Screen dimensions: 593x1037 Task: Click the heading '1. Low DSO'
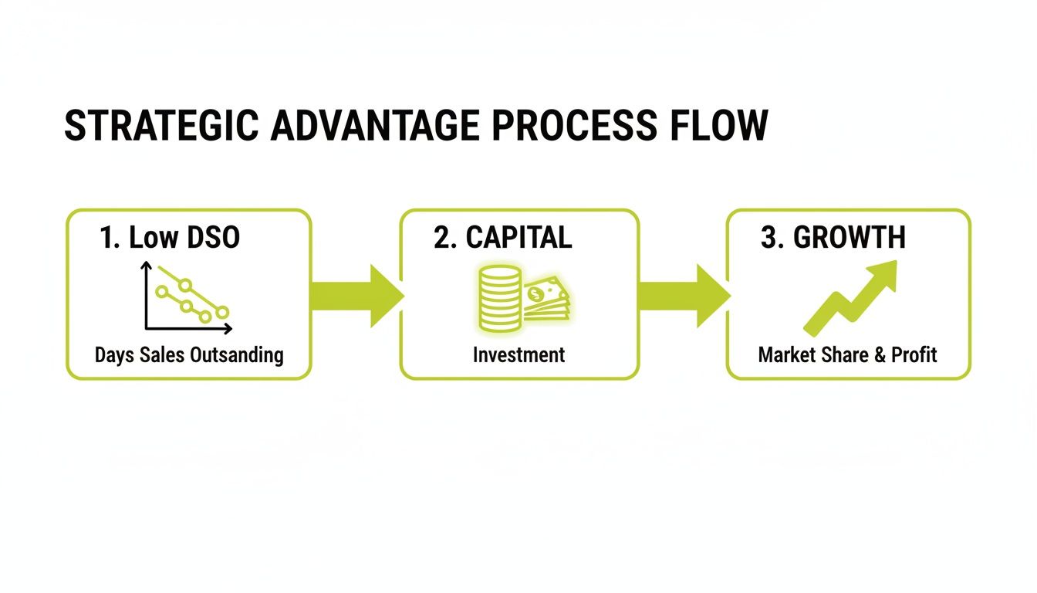tap(170, 238)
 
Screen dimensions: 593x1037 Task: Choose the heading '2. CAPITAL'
tap(503, 238)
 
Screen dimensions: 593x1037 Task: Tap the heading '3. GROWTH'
tap(833, 238)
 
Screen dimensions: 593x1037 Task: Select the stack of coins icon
tap(499, 298)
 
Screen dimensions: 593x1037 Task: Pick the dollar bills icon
tap(547, 301)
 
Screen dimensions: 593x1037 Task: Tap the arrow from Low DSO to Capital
tap(356, 296)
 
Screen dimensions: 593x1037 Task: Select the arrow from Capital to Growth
tap(684, 296)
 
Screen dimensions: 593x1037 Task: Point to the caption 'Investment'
tap(518, 355)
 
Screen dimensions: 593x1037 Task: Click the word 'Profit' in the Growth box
tap(914, 355)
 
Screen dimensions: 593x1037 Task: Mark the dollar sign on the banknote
tap(533, 293)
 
